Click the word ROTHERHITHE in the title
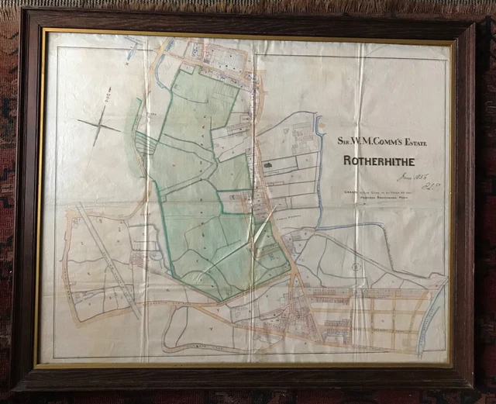(381, 161)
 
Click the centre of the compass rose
(99, 123)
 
